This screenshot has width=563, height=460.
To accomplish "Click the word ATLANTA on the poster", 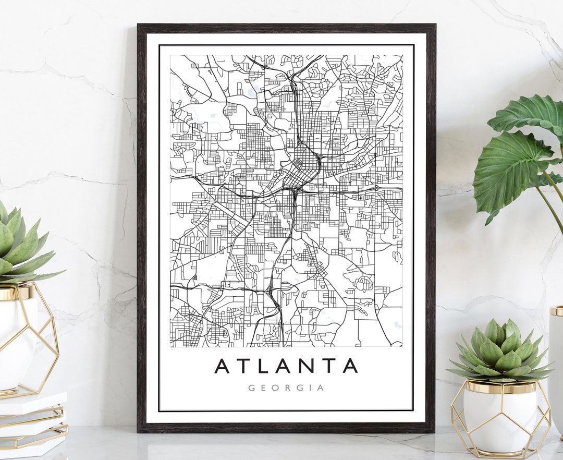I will coord(286,366).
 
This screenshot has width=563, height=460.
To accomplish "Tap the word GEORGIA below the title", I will coord(286,388).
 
